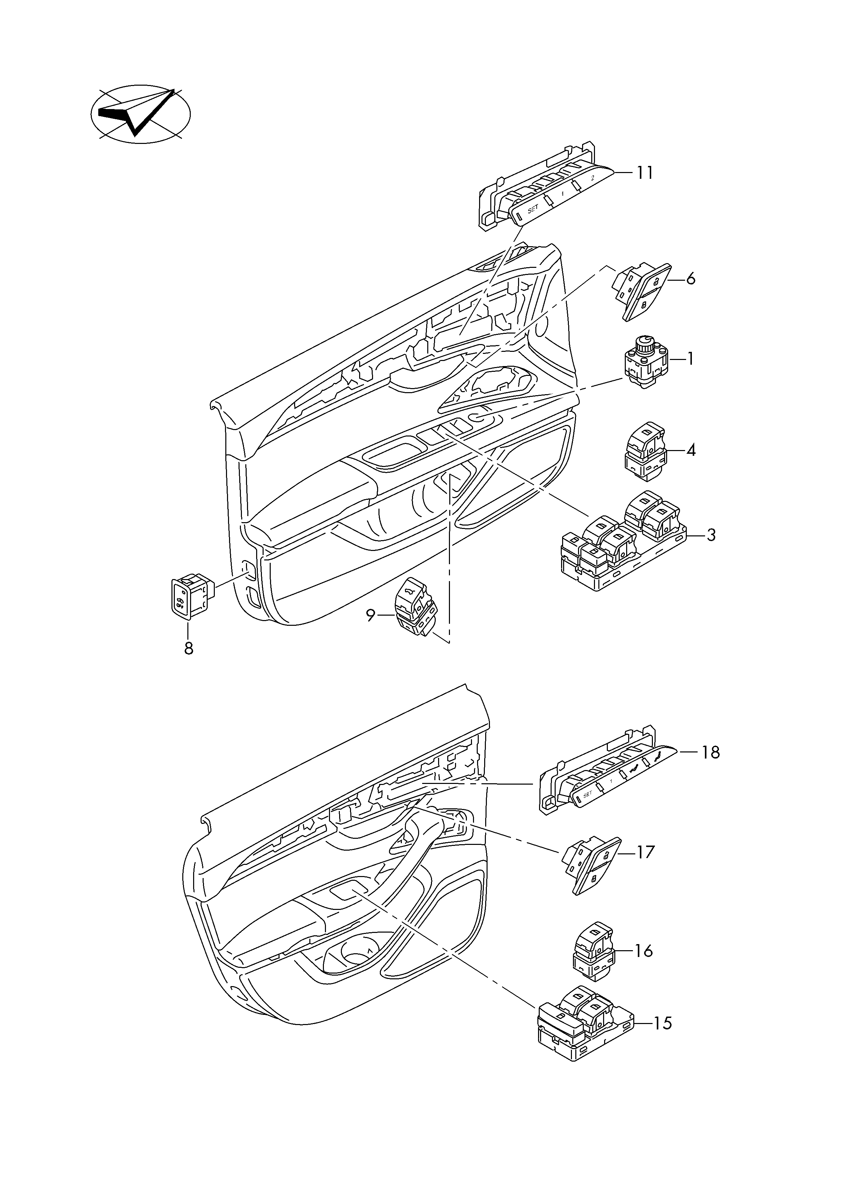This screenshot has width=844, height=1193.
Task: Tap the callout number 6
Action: pos(691,279)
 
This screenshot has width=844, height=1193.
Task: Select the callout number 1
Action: pos(690,359)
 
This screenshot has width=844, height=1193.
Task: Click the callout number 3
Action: pos(711,535)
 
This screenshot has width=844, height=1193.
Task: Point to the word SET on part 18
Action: pos(588,809)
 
